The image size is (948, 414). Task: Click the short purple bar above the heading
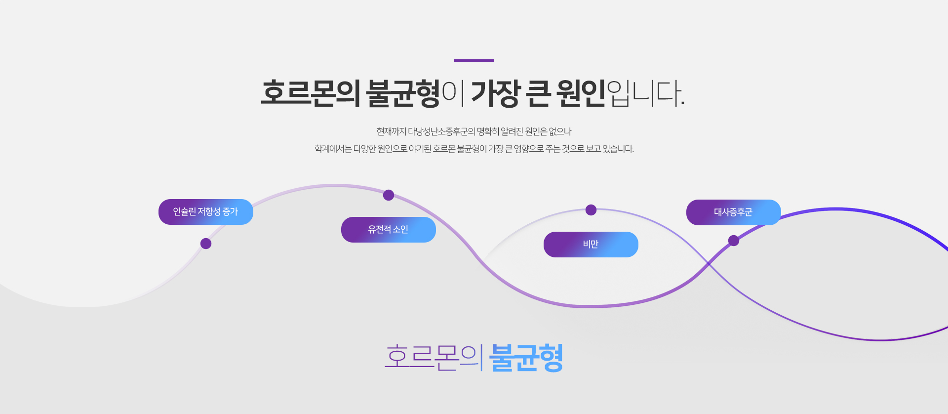point(474,60)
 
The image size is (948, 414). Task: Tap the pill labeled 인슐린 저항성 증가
point(206,212)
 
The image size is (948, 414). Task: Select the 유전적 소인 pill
point(389,230)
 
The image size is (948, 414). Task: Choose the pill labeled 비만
point(591,245)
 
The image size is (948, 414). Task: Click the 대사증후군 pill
point(734,212)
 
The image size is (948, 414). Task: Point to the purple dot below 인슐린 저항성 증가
point(206,244)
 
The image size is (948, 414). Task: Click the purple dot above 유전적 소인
point(389,195)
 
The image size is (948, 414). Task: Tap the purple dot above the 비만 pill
point(591,210)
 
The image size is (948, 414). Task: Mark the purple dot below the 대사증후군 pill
point(734,241)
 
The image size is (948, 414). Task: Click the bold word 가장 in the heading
point(495,93)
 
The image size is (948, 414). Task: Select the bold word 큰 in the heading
point(538,93)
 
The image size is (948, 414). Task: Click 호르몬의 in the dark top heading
point(311,93)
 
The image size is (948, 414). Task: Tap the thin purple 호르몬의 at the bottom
point(433,357)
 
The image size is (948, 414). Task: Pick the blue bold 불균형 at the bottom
point(526,357)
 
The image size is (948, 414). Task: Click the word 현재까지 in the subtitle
point(391,131)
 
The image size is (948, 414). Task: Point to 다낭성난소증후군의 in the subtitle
point(441,131)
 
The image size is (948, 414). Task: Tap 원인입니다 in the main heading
point(621,93)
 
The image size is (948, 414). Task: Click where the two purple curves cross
point(709,263)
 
